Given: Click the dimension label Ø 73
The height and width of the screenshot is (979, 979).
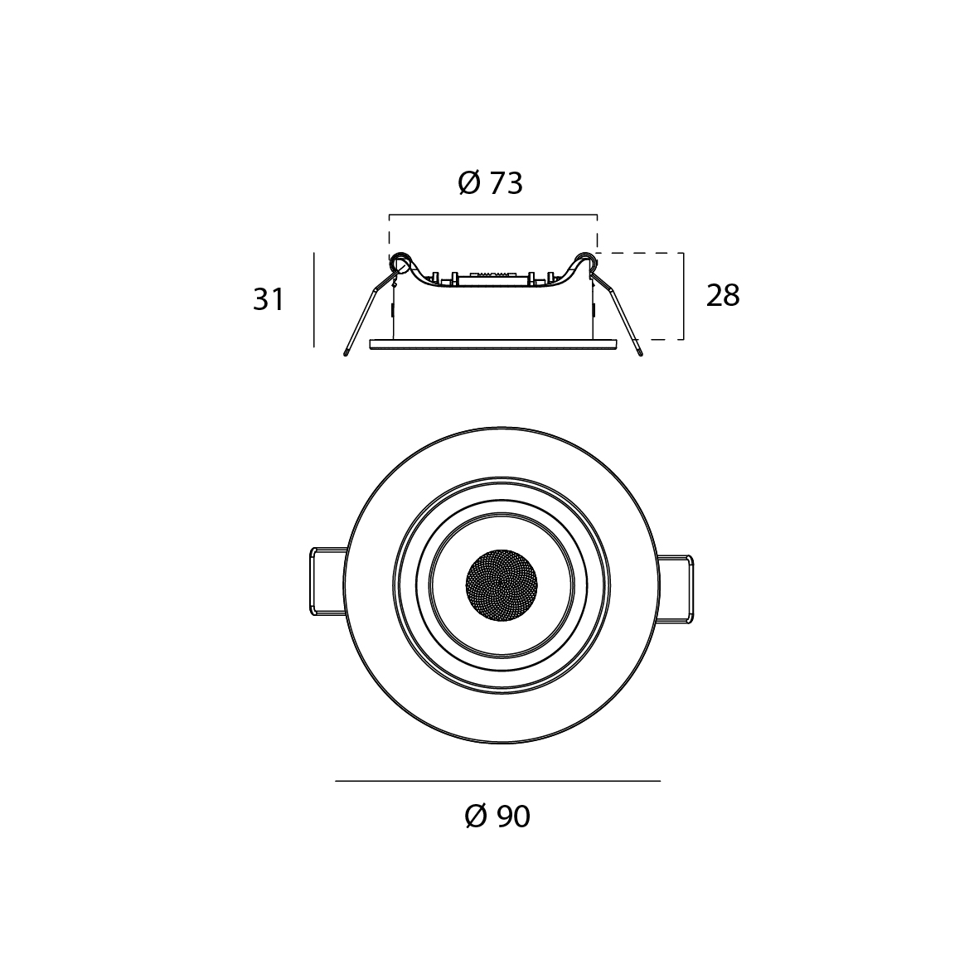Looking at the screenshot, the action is pyautogui.click(x=490, y=183).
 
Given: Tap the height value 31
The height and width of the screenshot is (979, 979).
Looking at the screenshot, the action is pyautogui.click(x=269, y=300).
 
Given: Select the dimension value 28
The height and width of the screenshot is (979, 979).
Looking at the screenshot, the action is pyautogui.click(x=723, y=295).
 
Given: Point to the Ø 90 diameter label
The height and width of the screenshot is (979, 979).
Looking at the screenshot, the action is pyautogui.click(x=497, y=816).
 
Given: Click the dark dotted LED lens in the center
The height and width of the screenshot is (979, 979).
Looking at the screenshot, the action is pyautogui.click(x=502, y=585).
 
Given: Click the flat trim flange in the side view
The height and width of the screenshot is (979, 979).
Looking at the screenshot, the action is pyautogui.click(x=492, y=345).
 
